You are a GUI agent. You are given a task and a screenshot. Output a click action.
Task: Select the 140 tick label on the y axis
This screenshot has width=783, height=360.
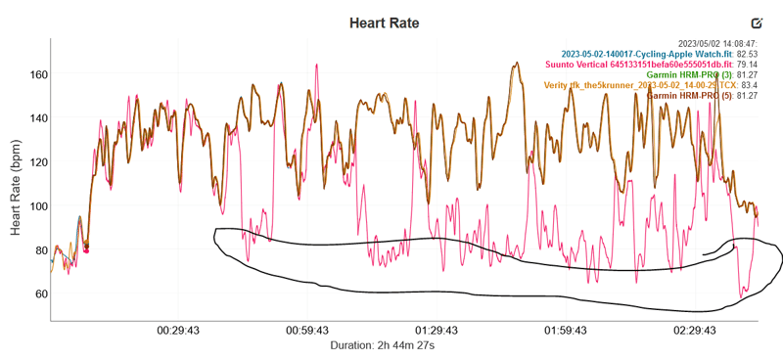click(x=37, y=116)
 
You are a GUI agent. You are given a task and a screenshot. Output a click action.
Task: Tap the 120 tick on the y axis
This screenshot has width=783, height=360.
click(x=37, y=161)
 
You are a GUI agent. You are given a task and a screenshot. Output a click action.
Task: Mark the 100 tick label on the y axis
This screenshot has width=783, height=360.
click(x=37, y=205)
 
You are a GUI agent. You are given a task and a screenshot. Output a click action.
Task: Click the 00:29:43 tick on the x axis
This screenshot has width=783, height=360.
click(x=178, y=331)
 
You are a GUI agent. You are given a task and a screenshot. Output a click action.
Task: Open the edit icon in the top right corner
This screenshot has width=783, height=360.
click(x=757, y=22)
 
